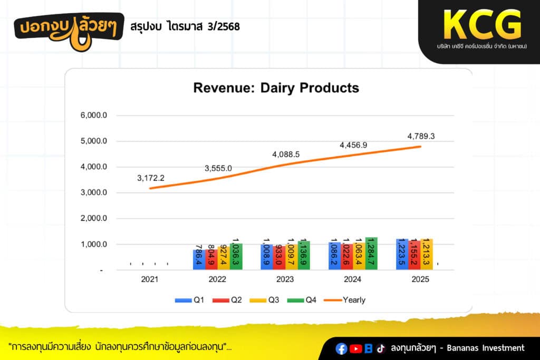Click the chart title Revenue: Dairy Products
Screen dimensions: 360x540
coord(276,87)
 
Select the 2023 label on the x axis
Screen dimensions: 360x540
coord(285,280)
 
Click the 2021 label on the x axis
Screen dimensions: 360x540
coord(149,280)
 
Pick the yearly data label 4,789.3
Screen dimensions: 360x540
coord(421,136)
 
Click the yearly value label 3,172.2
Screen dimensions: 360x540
coord(151,178)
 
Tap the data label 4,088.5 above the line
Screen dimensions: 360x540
coord(286,154)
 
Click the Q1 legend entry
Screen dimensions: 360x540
coord(190,300)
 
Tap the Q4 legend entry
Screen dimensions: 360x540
coord(303,300)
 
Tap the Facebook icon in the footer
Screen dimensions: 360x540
coord(342,348)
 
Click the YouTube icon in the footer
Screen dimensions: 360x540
coord(355,348)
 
